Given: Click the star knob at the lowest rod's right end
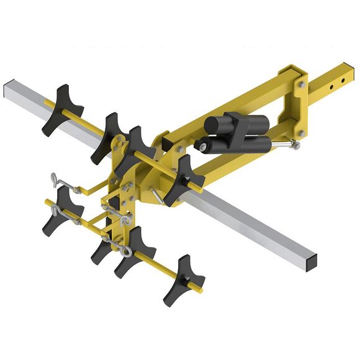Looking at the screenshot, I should click(x=184, y=280).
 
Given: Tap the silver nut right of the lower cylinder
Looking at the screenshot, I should click(x=296, y=145).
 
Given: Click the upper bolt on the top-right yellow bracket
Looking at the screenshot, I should click(x=300, y=84).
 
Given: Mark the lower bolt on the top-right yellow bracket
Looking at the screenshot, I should click(x=300, y=133).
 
